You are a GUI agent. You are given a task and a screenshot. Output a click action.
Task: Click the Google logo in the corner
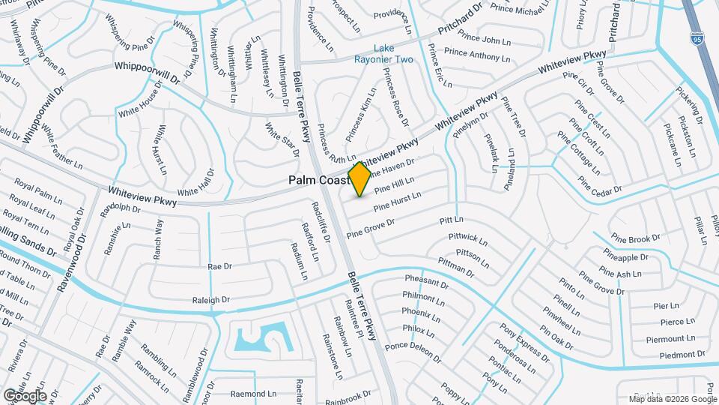click(25, 395)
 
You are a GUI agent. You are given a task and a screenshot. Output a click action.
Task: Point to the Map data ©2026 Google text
click(673, 398)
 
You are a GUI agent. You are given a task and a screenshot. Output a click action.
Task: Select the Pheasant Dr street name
click(426, 284)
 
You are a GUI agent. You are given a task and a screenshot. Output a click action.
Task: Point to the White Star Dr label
click(282, 140)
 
